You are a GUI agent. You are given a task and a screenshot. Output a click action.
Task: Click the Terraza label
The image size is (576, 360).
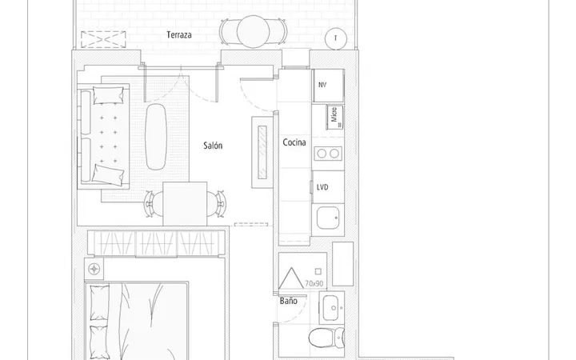click(x=179, y=35)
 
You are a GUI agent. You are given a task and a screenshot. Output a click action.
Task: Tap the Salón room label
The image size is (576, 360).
click(x=213, y=146)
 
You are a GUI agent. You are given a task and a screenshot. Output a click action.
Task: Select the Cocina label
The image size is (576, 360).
click(x=294, y=142)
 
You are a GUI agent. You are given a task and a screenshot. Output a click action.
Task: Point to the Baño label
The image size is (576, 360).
click(x=288, y=301)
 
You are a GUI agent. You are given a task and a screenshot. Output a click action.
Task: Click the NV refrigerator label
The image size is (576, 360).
click(x=322, y=85)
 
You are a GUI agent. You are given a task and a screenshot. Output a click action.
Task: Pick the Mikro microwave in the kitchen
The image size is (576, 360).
click(x=335, y=117)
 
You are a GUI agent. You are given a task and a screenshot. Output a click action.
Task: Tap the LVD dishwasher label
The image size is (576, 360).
click(x=322, y=187)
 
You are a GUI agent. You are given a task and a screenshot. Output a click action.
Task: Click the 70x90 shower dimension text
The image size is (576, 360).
click(x=314, y=283)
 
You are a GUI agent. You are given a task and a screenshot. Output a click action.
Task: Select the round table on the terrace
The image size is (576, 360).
click(x=253, y=31)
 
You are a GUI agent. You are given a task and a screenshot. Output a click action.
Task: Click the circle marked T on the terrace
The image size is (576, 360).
click(x=336, y=38)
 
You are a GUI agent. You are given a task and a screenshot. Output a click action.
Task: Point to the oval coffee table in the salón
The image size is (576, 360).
click(x=156, y=137)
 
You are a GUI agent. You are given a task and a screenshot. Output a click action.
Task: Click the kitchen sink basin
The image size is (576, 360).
click(x=328, y=218)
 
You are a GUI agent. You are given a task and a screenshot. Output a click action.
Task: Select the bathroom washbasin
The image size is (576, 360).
click(x=332, y=308)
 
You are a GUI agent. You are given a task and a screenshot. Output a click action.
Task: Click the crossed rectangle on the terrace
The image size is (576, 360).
click(x=103, y=39)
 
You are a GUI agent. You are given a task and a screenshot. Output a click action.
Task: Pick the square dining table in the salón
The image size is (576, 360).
click(x=185, y=203)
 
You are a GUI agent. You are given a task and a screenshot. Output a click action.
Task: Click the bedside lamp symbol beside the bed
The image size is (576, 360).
click(x=94, y=270)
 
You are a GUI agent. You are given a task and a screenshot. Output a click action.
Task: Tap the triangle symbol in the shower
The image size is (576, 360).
click(x=291, y=278)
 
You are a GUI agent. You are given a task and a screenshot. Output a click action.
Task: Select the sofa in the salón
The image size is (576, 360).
click(x=103, y=136)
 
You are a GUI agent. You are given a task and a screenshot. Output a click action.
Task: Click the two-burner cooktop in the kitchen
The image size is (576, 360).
click(x=328, y=154)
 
